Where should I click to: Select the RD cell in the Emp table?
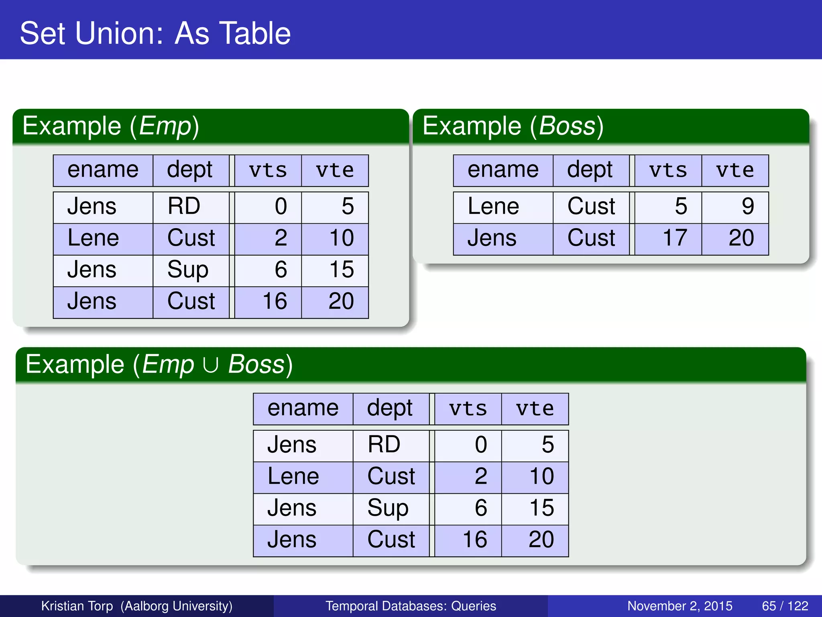(184, 206)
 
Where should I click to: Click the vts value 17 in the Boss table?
(675, 238)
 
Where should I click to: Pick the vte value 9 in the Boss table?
(747, 206)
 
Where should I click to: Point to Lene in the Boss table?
(493, 206)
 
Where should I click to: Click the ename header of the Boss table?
(503, 170)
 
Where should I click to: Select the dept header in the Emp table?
(189, 170)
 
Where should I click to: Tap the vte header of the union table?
(535, 409)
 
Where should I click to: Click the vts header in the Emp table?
(268, 170)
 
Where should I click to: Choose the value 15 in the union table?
(542, 508)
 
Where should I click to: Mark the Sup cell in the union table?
(388, 508)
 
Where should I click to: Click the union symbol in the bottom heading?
(211, 365)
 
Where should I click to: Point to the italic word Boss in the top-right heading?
(567, 126)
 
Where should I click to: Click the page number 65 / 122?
(785, 606)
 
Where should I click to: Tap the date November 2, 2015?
(680, 606)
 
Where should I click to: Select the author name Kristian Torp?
(77, 606)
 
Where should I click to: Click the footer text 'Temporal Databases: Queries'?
(411, 606)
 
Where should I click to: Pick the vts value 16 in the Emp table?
(275, 301)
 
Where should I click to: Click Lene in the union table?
(293, 477)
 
